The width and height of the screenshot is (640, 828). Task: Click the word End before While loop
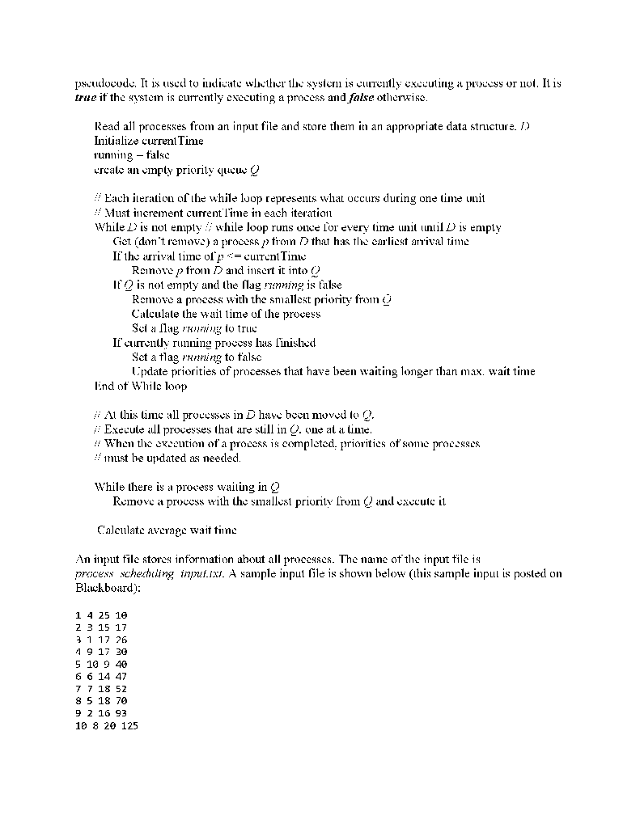coord(105,387)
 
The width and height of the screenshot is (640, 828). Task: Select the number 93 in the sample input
coord(120,713)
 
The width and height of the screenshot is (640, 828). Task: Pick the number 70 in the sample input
coord(120,700)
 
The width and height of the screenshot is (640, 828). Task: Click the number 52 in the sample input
coord(120,688)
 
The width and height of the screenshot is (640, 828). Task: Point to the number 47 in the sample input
coord(120,676)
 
